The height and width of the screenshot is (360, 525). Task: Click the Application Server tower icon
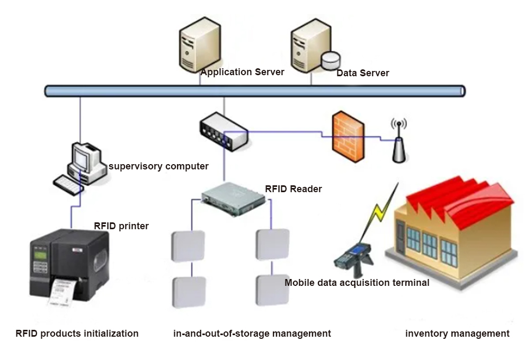point(200,45)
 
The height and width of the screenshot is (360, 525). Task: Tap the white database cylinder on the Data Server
point(331,60)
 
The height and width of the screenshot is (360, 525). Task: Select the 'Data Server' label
point(362,73)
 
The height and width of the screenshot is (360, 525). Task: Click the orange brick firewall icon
point(348,137)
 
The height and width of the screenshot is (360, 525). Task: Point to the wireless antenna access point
point(399,141)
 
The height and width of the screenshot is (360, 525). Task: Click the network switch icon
point(224,131)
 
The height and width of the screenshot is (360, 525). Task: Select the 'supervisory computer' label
point(158,166)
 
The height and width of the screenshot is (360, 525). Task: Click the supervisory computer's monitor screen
point(81,157)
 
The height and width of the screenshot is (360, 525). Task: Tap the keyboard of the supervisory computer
point(68,185)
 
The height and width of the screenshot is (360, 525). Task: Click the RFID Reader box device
point(234,199)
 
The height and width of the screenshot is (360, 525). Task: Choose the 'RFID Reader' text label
point(293,189)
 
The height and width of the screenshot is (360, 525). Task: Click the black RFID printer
point(69,266)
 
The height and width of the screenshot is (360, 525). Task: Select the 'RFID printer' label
point(121,226)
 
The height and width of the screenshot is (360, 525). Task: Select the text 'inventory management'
point(457,334)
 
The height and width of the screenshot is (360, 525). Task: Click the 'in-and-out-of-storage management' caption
point(252,334)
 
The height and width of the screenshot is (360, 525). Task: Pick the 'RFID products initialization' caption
point(77,334)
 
